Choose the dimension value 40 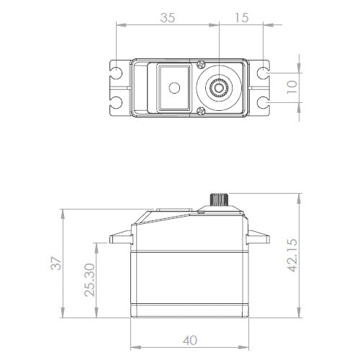(189, 341)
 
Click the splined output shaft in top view (218, 88)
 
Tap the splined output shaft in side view (218, 199)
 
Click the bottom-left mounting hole (116, 102)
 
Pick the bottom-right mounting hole (266, 102)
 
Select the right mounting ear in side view (258, 240)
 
